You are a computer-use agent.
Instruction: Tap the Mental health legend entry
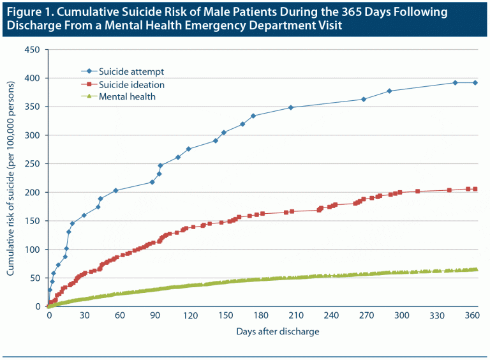[127, 97]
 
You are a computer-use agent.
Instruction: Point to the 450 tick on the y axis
[31, 50]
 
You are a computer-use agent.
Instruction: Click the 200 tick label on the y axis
[31, 192]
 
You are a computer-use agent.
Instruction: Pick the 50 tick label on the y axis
[34, 278]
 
